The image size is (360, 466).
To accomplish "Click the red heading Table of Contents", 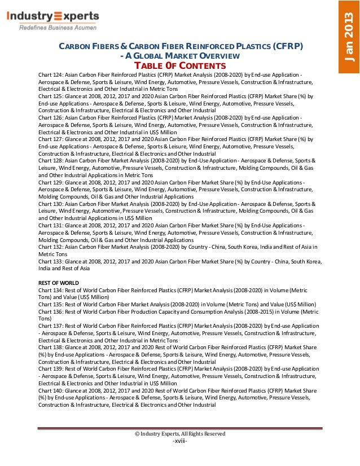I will tap(179, 65).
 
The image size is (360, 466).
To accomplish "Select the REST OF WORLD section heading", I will tap(59, 282).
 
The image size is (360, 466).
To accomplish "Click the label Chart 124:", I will tap(52, 75).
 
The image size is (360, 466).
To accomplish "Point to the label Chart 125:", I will tap(52, 96).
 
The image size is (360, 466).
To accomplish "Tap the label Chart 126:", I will tap(52, 118).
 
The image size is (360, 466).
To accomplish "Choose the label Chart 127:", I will tap(52, 139).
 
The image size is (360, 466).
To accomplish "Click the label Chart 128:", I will tap(52, 161).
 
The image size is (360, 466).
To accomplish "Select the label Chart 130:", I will tap(52, 204).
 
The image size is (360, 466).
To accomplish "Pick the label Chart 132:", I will tap(52, 247).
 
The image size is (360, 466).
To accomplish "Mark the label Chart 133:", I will tap(52, 261).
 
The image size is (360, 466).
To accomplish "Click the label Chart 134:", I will tap(52, 289).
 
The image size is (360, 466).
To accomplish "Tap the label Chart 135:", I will tap(52, 304).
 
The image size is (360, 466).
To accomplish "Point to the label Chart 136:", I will tap(52, 311).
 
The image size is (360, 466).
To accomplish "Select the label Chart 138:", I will tap(52, 347).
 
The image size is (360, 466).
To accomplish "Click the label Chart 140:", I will tap(52, 390).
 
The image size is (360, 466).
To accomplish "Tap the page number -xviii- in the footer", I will tap(179, 441).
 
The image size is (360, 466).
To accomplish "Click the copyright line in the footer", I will tap(179, 433).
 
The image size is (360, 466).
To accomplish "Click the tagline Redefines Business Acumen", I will tap(58, 27).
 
